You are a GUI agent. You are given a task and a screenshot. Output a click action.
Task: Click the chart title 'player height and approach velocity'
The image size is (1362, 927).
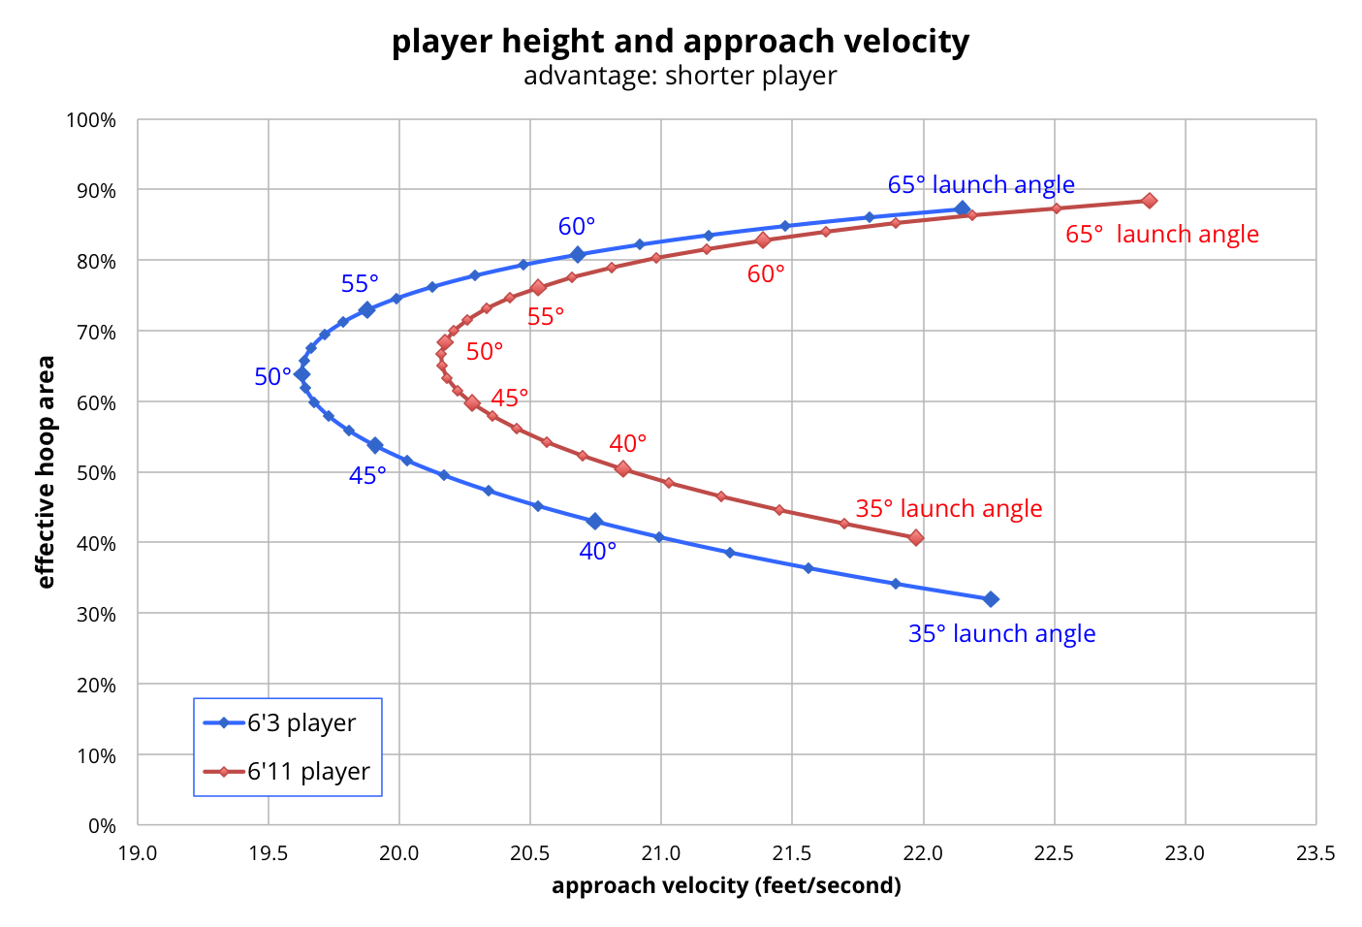[x=681, y=42]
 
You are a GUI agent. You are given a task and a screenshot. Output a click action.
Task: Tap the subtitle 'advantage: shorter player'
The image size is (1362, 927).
[x=681, y=76]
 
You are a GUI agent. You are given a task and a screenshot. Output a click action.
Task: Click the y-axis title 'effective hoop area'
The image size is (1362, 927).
[x=46, y=472]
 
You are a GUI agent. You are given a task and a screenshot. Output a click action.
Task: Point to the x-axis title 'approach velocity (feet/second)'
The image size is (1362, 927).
[x=726, y=885]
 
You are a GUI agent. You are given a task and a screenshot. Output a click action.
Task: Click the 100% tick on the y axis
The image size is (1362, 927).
[x=91, y=120]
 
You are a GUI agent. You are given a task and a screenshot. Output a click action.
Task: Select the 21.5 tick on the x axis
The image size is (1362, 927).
[x=792, y=853]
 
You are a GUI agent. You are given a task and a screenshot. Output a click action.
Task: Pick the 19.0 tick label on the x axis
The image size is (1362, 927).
[x=138, y=853]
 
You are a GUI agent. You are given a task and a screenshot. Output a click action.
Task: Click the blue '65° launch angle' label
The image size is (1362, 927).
[x=981, y=184]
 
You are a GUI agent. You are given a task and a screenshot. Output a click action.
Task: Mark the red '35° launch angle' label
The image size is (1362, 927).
[x=948, y=508]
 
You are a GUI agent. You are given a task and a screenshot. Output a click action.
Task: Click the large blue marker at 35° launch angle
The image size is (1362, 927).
[x=991, y=599]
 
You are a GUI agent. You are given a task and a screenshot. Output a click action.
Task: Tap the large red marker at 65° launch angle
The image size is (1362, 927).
[x=1149, y=201]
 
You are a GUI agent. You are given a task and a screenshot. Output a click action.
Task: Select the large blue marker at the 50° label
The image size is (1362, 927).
[x=302, y=374]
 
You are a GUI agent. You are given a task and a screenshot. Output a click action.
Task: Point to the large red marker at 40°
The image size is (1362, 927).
[x=623, y=469]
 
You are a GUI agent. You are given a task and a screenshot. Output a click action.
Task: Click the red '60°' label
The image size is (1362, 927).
[x=766, y=274]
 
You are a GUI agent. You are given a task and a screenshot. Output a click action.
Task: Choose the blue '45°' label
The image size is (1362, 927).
[x=367, y=476]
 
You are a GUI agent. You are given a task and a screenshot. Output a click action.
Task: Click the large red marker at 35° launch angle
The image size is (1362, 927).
[x=916, y=538]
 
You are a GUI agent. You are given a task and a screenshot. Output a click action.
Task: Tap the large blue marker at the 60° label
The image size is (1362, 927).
[x=578, y=255]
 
